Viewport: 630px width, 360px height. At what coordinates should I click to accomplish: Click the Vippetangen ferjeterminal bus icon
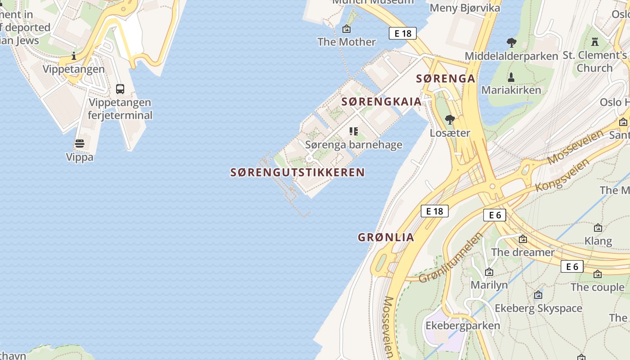pyautogui.click(x=120, y=89)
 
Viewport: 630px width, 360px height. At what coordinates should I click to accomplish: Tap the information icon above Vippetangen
pyautogui.click(x=74, y=56)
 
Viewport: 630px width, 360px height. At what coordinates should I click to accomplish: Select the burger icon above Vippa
pyautogui.click(x=80, y=144)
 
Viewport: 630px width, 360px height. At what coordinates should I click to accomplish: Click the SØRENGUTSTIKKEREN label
pyautogui.click(x=297, y=172)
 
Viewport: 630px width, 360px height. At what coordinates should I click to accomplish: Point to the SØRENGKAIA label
pyautogui.click(x=382, y=102)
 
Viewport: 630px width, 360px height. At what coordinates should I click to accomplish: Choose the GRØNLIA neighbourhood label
pyautogui.click(x=386, y=237)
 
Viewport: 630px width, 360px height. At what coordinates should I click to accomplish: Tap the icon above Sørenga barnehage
pyautogui.click(x=354, y=131)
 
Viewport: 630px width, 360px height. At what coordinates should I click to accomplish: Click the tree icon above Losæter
pyautogui.click(x=450, y=119)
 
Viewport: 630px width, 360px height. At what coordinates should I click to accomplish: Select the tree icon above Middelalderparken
pyautogui.click(x=511, y=43)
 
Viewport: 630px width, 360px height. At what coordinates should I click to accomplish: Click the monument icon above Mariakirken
pyautogui.click(x=511, y=77)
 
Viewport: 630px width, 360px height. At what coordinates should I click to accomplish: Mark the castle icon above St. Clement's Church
pyautogui.click(x=595, y=42)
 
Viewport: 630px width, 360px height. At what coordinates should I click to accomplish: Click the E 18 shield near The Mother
pyautogui.click(x=403, y=33)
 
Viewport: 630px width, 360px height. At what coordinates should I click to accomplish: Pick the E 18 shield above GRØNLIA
pyautogui.click(x=435, y=211)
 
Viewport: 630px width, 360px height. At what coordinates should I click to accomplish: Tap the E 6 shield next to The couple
pyautogui.click(x=572, y=266)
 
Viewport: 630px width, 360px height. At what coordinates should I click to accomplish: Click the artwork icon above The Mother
pyautogui.click(x=346, y=29)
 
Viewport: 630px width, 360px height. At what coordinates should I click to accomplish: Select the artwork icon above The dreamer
pyautogui.click(x=523, y=239)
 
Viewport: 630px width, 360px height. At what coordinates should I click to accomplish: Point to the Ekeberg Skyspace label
pyautogui.click(x=538, y=308)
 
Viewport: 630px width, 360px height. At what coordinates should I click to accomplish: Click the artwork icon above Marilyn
pyautogui.click(x=489, y=272)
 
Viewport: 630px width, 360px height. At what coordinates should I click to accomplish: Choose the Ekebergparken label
pyautogui.click(x=463, y=325)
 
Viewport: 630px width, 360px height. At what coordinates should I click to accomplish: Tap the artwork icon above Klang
pyautogui.click(x=598, y=228)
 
